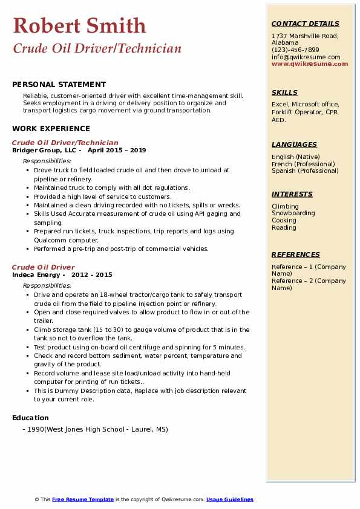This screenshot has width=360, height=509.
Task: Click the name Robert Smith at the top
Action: point(79,25)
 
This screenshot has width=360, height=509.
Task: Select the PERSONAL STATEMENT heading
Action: point(59,85)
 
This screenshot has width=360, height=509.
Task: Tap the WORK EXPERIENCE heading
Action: point(51,128)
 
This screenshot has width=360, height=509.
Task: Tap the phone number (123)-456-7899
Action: point(295,50)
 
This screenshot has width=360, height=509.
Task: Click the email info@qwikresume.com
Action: point(306,57)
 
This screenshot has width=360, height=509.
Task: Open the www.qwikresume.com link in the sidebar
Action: point(310,63)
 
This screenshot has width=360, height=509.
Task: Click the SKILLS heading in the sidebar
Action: point(284,92)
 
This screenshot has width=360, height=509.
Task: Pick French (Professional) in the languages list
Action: point(303,164)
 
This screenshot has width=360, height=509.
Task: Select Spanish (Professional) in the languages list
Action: point(304,170)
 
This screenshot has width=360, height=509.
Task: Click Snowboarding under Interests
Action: point(293,213)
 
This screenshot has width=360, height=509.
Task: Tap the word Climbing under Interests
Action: point(285,206)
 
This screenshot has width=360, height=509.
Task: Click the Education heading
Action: point(30,418)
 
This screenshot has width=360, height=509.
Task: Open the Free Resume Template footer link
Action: point(83,499)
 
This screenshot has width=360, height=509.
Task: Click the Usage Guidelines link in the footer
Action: point(229,499)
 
